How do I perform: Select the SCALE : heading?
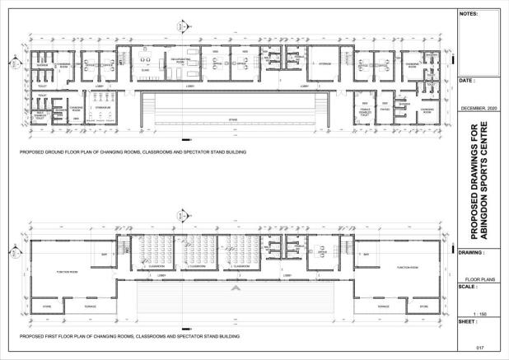tap(468, 287)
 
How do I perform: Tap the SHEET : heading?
tap(468, 323)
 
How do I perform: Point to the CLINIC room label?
tap(145, 72)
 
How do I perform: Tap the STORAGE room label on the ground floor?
tap(322, 58)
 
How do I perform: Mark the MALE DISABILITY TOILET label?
tap(39, 117)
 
